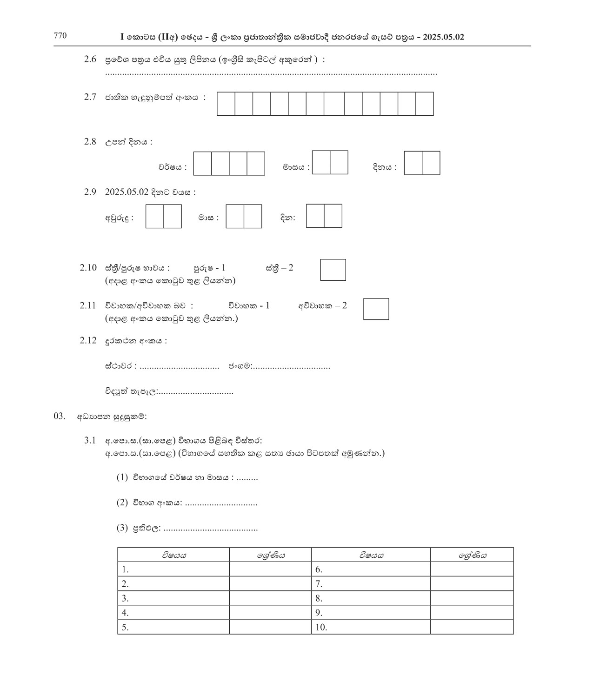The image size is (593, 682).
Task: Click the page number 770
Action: [60, 36]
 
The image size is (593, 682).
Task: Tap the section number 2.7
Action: [90, 97]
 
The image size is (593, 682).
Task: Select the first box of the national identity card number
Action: [226, 104]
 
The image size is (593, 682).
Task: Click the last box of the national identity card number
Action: [425, 104]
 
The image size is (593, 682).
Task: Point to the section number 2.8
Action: [90, 142]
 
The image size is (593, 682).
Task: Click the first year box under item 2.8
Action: [202, 164]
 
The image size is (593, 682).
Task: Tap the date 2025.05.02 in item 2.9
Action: [127, 192]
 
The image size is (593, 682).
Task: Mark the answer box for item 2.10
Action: [333, 270]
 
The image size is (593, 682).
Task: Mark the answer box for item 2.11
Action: [376, 309]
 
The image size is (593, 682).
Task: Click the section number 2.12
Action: [88, 341]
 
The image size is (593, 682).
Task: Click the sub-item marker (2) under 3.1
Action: [122, 503]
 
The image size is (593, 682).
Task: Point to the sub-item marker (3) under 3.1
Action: [122, 528]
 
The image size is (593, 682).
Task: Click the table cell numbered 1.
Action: [173, 569]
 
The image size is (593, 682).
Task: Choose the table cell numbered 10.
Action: [370, 627]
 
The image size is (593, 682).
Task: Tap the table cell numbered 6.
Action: [370, 569]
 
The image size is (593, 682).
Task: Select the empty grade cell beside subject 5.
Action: [270, 627]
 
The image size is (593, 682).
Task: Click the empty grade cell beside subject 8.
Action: [472, 598]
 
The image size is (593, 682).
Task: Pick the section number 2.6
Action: [90, 60]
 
